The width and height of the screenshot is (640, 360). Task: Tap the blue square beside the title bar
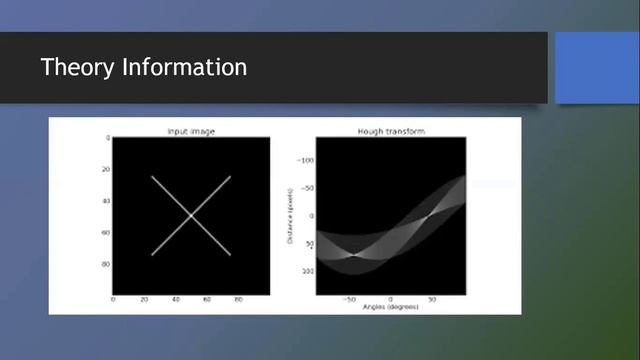point(596,67)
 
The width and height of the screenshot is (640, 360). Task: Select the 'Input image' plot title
point(191,132)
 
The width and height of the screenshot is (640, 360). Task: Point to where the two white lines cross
point(191,216)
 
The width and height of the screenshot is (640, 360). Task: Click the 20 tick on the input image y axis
point(106,170)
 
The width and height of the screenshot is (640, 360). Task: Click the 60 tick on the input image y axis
point(106,233)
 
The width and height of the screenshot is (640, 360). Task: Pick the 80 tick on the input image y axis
point(106,264)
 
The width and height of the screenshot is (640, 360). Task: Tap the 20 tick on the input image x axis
point(144,299)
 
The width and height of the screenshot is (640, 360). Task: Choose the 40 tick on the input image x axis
point(176,299)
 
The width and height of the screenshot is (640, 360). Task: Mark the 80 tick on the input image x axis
point(239,299)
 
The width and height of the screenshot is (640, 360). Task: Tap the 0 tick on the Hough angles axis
point(390,299)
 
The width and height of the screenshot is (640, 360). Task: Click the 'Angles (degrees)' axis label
point(390,307)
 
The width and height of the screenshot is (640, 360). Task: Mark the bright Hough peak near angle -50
point(353,256)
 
